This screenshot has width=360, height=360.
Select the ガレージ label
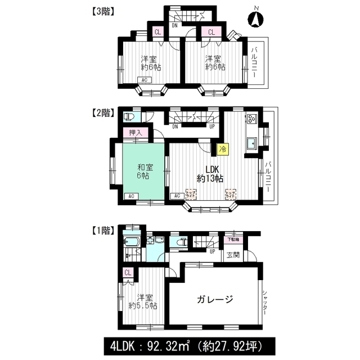(x=214, y=299)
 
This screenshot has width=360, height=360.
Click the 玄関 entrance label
(x=232, y=254)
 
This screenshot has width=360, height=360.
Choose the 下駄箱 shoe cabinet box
(x=232, y=238)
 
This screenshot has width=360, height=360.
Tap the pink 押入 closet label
(x=135, y=133)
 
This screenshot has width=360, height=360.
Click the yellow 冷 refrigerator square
(x=223, y=149)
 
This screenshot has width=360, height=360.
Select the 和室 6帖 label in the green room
(x=142, y=171)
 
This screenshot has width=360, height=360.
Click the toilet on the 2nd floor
(x=129, y=117)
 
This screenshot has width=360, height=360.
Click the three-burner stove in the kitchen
(x=251, y=119)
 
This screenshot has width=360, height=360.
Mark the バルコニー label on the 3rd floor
(x=258, y=63)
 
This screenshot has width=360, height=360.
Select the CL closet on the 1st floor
(x=128, y=273)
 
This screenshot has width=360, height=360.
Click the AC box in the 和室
(x=129, y=196)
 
